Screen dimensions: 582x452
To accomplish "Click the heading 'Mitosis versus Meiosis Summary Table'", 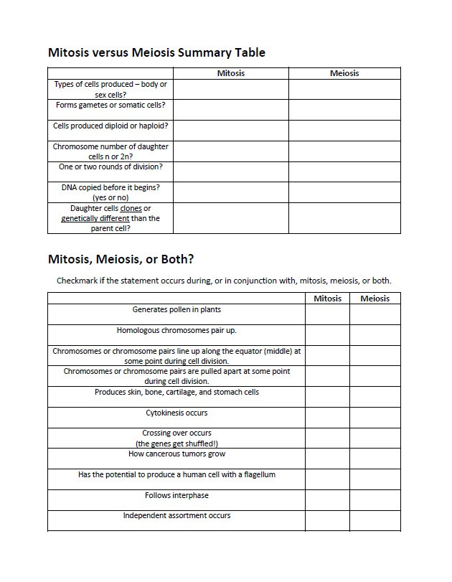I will (156, 52).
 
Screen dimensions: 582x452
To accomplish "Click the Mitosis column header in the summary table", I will (230, 73).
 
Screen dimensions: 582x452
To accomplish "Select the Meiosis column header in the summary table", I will (344, 73).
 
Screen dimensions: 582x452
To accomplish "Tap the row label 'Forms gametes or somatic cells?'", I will (110, 105).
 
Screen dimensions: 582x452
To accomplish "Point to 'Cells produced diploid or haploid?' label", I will (110, 126).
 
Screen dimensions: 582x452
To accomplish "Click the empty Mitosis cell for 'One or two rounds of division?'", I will (230, 172).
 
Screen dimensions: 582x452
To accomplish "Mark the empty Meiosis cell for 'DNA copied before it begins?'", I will (344, 192).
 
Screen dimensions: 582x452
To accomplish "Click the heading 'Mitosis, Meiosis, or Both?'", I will (120, 258).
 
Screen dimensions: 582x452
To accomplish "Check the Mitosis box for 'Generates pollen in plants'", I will (327, 314).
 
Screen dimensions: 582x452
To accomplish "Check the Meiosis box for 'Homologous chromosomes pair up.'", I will (375, 335).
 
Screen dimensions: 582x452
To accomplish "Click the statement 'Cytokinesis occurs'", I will (176, 413).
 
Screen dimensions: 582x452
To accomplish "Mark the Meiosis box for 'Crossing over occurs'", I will (375, 438).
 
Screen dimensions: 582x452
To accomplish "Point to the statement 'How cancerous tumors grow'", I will (176, 454).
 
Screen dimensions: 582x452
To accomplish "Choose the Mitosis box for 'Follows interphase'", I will (327, 500).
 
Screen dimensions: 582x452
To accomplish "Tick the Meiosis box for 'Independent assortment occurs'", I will (375, 520).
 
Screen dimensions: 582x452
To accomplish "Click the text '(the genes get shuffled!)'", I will (176, 443).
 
